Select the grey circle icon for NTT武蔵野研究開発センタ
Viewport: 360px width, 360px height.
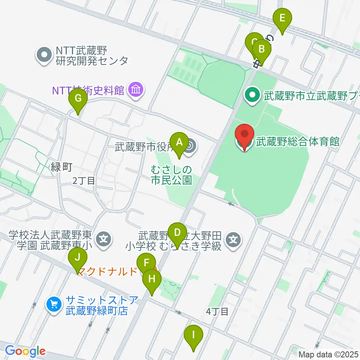click(x=45, y=55)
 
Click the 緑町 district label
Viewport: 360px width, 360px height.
click(x=61, y=167)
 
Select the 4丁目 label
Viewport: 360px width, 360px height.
click(x=217, y=311)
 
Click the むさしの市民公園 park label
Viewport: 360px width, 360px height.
click(x=172, y=175)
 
